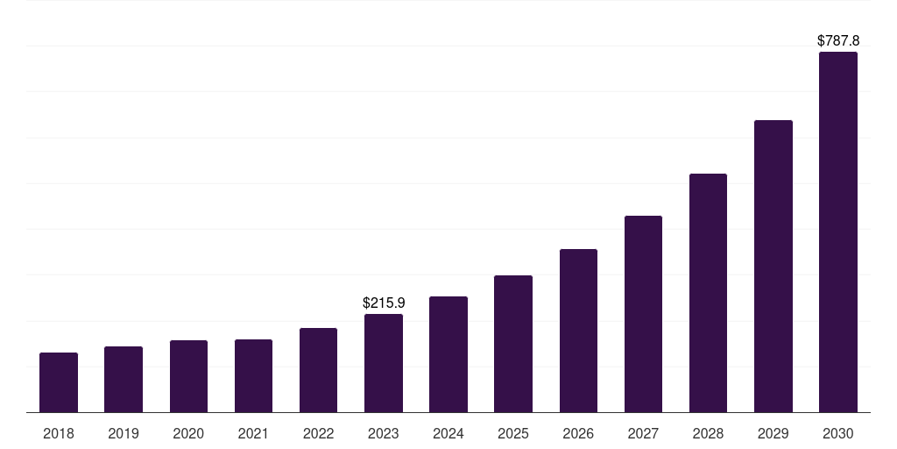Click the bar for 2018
pyautogui.click(x=59, y=382)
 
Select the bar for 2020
pyautogui.click(x=188, y=376)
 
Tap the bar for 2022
pyautogui.click(x=318, y=370)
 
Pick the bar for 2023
pyautogui.click(x=384, y=363)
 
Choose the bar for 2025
pyautogui.click(x=513, y=344)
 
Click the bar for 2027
pyautogui.click(x=643, y=314)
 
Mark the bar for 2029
pyautogui.click(x=773, y=266)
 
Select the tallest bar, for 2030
pyautogui.click(x=838, y=232)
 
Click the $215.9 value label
pyautogui.click(x=384, y=303)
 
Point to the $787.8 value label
pyautogui.click(x=838, y=40)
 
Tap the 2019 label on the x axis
pyautogui.click(x=124, y=433)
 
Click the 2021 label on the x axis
pyautogui.click(x=253, y=433)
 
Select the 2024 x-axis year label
pyautogui.click(x=448, y=433)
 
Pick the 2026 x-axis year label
pyautogui.click(x=578, y=433)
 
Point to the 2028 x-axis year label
pyautogui.click(x=708, y=433)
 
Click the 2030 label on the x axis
pyautogui.click(x=838, y=433)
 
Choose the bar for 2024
pyautogui.click(x=448, y=354)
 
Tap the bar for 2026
pyautogui.click(x=578, y=331)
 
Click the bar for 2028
pyautogui.click(x=708, y=293)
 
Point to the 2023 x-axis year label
pyautogui.click(x=384, y=433)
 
